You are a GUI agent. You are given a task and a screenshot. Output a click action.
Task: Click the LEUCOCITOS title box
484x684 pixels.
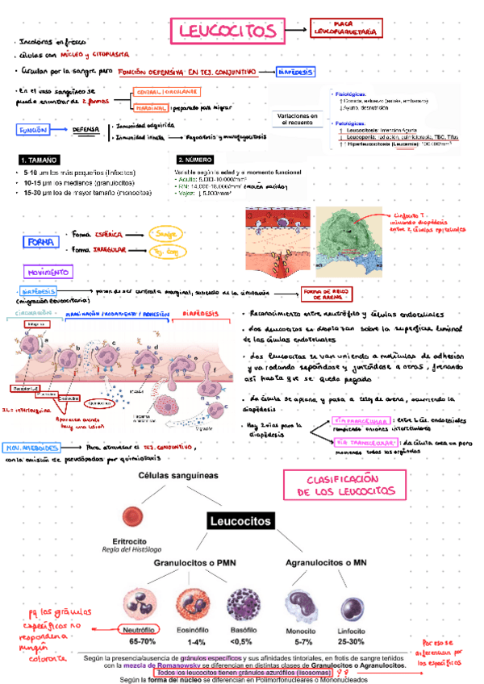coord(227,31)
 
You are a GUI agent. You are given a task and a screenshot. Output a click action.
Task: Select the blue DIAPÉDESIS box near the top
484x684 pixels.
coord(295,72)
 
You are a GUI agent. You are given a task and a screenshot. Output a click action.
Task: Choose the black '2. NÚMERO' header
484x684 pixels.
coord(198,160)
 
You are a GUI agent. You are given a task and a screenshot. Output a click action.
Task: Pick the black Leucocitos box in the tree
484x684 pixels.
coord(240,521)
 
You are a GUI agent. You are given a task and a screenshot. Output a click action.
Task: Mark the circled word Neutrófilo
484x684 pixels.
coord(136,630)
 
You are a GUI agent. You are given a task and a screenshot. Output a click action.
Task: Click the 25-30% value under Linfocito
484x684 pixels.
coord(352,642)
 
